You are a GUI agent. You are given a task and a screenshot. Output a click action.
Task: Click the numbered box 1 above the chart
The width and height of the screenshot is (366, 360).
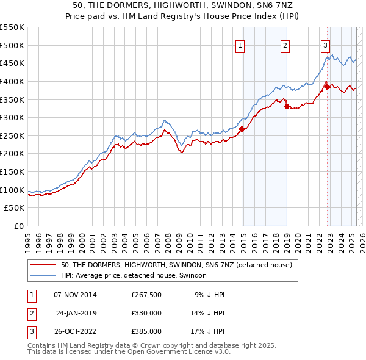pyautogui.click(x=240, y=45)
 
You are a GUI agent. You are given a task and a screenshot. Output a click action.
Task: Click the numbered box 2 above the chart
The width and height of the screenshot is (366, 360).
pyautogui.click(x=285, y=45)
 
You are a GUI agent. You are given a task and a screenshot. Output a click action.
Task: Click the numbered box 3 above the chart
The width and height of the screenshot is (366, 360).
pyautogui.click(x=325, y=45)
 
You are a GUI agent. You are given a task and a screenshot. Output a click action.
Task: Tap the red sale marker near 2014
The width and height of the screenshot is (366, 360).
pyautogui.click(x=242, y=129)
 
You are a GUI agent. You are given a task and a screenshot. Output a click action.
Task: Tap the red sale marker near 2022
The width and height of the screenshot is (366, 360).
pyautogui.click(x=328, y=87)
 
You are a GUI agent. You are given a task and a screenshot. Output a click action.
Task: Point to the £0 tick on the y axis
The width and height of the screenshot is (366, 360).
pyautogui.click(x=19, y=226)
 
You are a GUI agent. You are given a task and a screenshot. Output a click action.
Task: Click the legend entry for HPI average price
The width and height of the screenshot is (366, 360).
pyautogui.click(x=134, y=275)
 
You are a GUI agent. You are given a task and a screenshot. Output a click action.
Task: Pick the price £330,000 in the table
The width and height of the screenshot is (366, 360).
pyautogui.click(x=146, y=313)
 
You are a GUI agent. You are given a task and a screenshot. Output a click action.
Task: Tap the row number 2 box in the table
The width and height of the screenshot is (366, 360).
pyautogui.click(x=30, y=313)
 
